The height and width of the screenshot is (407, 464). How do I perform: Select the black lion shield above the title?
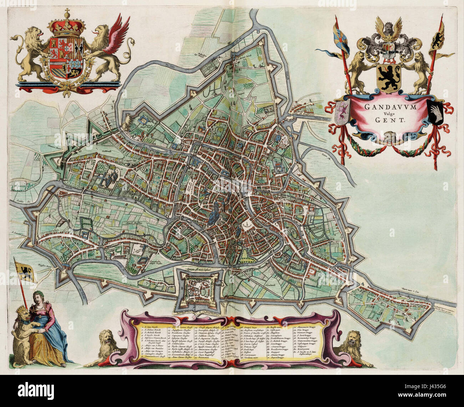click(389, 78)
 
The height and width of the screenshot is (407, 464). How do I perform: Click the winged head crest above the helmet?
click(388, 28)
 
